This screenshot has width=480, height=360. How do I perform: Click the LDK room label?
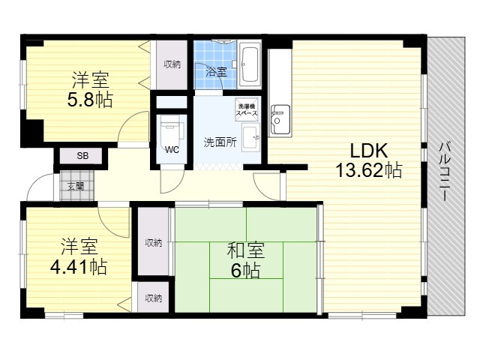click(x=368, y=151)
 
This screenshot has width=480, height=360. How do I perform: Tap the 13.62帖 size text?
click(x=369, y=170)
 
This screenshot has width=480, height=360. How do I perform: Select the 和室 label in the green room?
click(x=246, y=250)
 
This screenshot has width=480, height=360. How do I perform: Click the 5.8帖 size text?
click(x=90, y=99)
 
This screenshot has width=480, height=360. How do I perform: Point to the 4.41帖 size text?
click(x=78, y=267)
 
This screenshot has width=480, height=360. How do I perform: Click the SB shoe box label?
click(x=82, y=156)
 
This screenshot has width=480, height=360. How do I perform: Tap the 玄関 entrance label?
click(x=76, y=186)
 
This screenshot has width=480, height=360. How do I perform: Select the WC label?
click(x=172, y=150)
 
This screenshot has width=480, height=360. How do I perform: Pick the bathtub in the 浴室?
click(x=250, y=65)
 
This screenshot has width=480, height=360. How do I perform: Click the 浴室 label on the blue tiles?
click(x=216, y=72)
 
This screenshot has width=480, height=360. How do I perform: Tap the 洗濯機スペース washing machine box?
click(x=247, y=109)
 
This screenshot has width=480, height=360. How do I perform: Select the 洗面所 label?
click(x=220, y=142)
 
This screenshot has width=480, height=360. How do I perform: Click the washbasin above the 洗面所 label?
click(x=251, y=137)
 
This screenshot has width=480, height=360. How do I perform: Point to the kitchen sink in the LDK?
click(x=280, y=120)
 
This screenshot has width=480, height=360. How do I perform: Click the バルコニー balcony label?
click(x=444, y=172)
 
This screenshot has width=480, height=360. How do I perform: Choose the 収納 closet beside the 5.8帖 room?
click(x=172, y=65)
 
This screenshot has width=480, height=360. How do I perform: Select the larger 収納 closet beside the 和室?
click(x=153, y=241)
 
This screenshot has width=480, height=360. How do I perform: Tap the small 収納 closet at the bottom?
click(x=153, y=297)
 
